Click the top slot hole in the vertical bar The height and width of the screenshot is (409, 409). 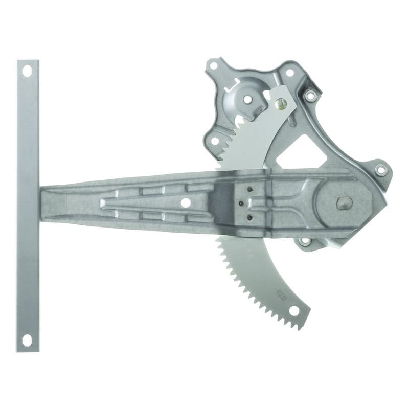27,71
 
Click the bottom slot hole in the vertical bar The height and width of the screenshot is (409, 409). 27,339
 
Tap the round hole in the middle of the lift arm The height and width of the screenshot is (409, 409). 186,202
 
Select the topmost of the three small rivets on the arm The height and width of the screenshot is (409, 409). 250,189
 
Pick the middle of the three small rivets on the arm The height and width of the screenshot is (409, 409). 241,203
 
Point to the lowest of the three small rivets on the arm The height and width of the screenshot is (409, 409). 249,217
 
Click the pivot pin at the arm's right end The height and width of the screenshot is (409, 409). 344,203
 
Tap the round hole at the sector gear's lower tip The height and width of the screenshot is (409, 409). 294,310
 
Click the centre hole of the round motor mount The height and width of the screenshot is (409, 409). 247,99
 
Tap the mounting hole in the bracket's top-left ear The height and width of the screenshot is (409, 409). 214,65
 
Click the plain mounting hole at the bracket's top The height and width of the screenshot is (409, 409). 290,73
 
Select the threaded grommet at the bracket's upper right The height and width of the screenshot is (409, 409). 310,96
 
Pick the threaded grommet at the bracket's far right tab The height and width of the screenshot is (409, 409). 381,170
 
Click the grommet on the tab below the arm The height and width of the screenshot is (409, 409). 305,241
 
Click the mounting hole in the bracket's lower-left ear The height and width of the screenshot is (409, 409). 215,141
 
